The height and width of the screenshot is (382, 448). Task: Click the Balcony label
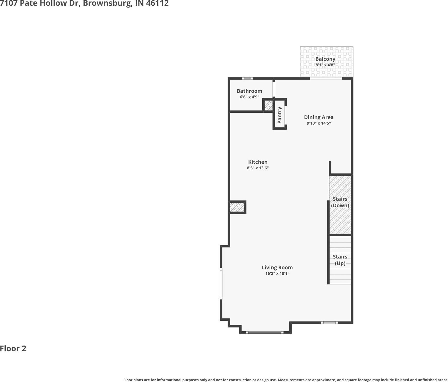pyautogui.click(x=325, y=59)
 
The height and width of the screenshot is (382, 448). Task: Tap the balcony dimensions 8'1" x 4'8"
pyautogui.click(x=325, y=65)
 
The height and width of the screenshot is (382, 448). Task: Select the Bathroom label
pyautogui.click(x=249, y=91)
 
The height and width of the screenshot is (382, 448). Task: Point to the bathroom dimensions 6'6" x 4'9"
pyautogui.click(x=249, y=97)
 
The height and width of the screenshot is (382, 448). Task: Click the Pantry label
pyautogui.click(x=280, y=115)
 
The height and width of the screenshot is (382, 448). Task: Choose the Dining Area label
pyautogui.click(x=319, y=117)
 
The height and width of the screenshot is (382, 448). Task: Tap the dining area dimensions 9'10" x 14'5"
pyautogui.click(x=319, y=123)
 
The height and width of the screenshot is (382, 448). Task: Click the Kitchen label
pyautogui.click(x=258, y=162)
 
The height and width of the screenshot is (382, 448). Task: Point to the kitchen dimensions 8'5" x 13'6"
pyautogui.click(x=258, y=168)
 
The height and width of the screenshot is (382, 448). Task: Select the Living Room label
pyautogui.click(x=277, y=267)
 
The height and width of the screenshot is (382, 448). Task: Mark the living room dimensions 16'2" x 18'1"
pyautogui.click(x=277, y=273)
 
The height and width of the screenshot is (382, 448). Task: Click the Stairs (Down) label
pyautogui.click(x=340, y=202)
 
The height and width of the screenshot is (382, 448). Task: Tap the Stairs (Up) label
pyautogui.click(x=340, y=260)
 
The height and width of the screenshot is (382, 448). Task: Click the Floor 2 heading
pyautogui.click(x=13, y=349)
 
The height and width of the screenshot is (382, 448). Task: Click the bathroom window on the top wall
pyautogui.click(x=247, y=79)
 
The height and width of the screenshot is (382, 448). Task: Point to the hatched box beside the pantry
pyautogui.click(x=268, y=106)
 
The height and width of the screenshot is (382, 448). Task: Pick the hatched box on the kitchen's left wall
pyautogui.click(x=237, y=207)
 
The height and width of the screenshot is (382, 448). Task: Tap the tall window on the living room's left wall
pyautogui.click(x=221, y=284)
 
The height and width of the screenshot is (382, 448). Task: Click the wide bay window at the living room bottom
pyautogui.click(x=265, y=332)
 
